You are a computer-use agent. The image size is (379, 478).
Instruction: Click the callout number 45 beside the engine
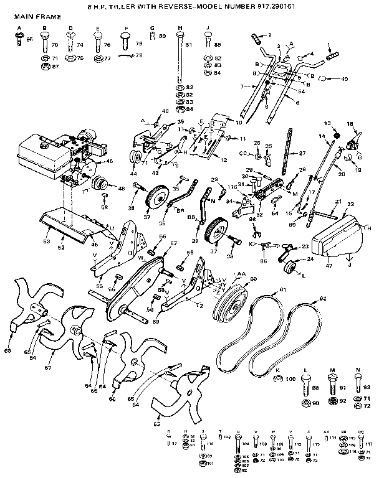point(110,161)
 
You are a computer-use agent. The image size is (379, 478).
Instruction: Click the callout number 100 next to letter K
point(291,378)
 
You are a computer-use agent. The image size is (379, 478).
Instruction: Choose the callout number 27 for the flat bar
point(303,152)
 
